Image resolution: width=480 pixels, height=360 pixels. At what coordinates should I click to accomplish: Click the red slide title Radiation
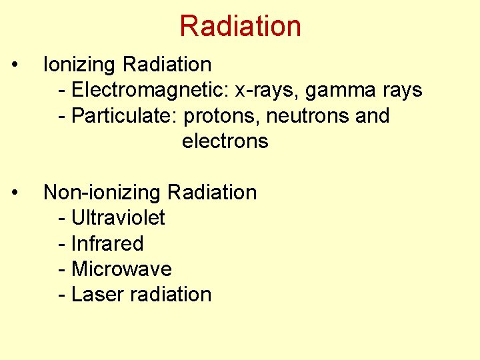(x=240, y=26)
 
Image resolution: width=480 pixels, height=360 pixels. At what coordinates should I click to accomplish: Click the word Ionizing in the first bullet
(x=80, y=65)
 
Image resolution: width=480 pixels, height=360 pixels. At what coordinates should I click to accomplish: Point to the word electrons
(x=225, y=141)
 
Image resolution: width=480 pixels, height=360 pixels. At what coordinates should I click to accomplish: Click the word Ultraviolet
(x=118, y=218)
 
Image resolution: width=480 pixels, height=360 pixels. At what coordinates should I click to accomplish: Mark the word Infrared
(x=107, y=243)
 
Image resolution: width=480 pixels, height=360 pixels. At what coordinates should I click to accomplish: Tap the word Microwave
(x=121, y=269)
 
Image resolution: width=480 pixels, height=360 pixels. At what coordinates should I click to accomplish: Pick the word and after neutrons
(x=373, y=116)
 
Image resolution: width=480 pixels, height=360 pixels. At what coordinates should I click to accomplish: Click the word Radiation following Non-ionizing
(x=212, y=193)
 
